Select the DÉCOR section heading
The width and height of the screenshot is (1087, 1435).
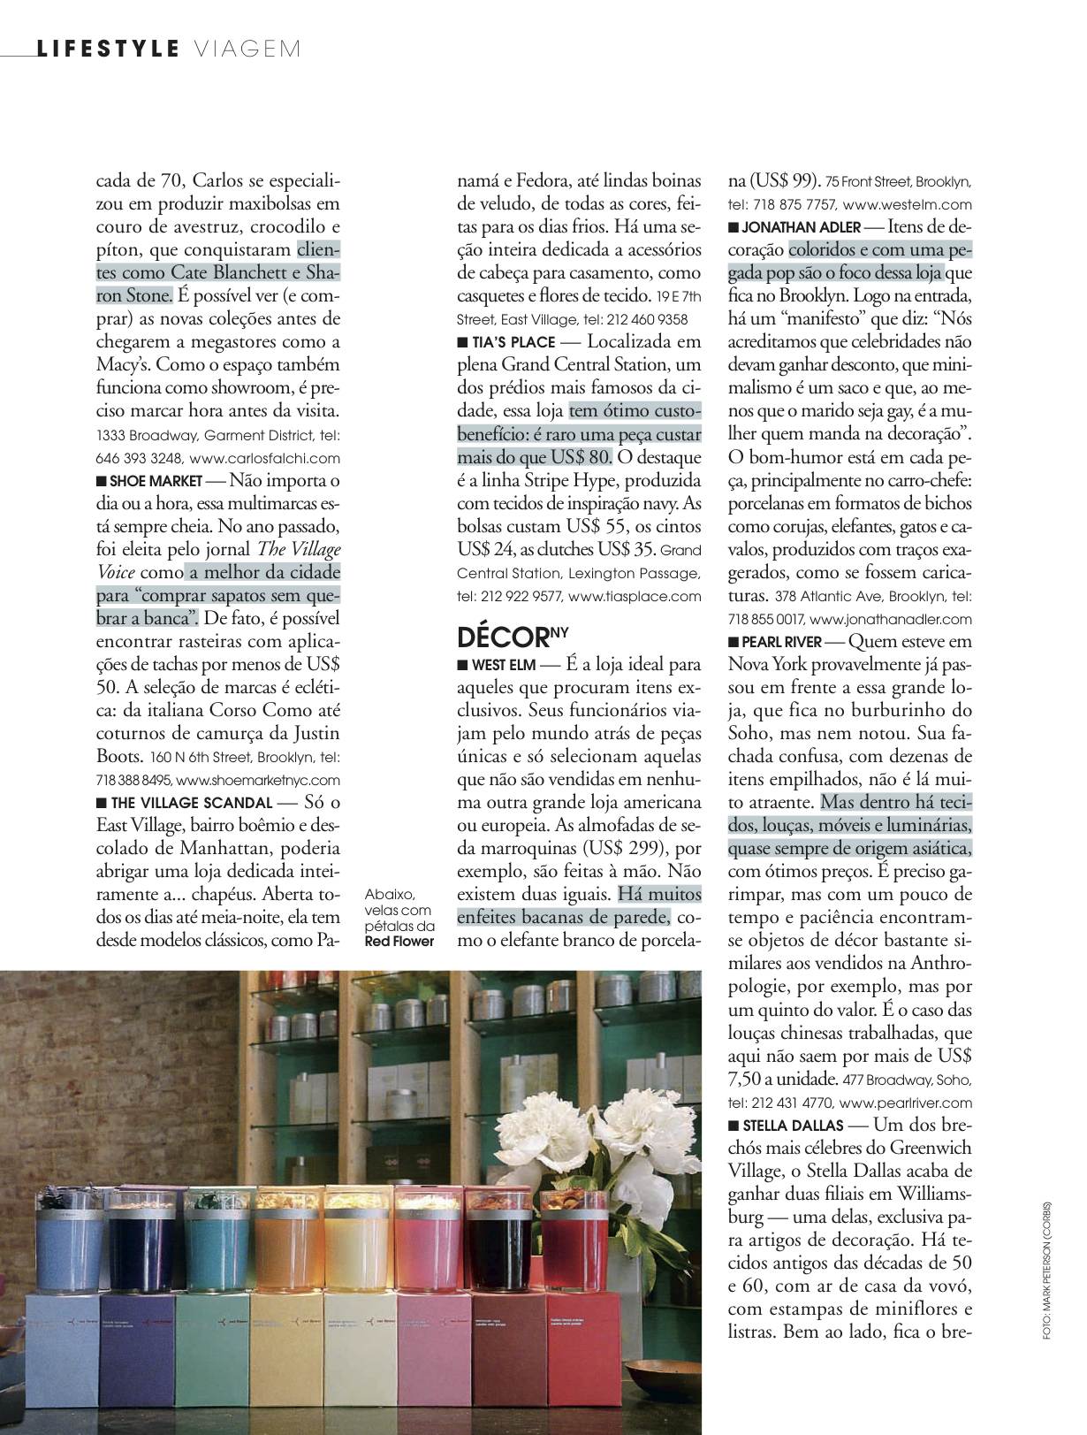pos(499,637)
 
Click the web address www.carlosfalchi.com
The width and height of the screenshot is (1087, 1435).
pos(265,459)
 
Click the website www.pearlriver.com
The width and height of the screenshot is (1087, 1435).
pos(905,1103)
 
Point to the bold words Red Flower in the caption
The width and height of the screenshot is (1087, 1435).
pos(399,942)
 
